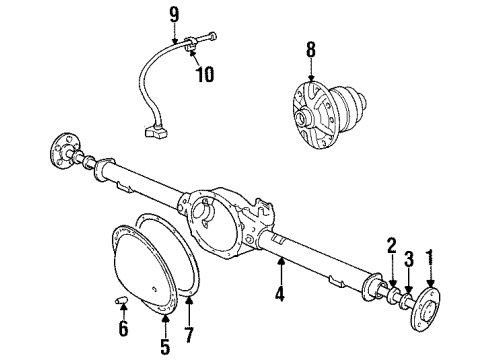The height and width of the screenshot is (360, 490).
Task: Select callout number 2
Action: point(393,244)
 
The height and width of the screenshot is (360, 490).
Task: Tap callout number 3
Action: point(408,260)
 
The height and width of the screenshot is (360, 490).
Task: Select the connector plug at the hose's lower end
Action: point(153,130)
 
